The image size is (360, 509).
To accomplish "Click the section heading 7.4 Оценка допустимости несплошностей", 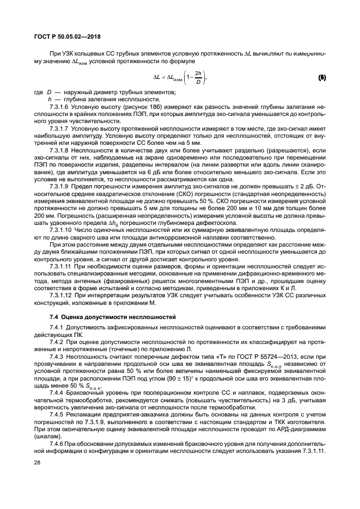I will [111, 316].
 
